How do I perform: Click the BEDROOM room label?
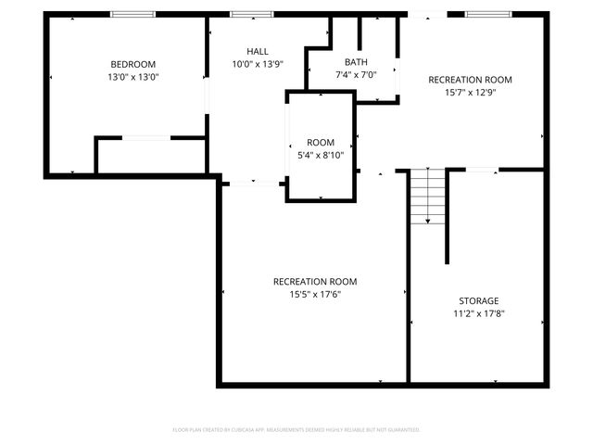point(127,64)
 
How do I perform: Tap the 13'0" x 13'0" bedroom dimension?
point(127,78)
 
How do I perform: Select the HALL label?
point(258,51)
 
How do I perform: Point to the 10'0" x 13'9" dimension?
point(258,65)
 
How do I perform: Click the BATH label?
point(356,62)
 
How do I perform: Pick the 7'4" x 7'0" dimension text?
point(356,75)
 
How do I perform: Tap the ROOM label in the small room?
point(321,142)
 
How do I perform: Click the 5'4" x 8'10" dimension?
point(321,156)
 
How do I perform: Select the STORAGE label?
point(479,300)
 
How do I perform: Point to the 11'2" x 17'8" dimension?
point(479,314)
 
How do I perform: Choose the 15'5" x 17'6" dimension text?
point(315,295)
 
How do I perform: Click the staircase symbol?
point(427,197)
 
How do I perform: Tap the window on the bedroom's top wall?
point(126,14)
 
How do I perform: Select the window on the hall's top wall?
point(251,14)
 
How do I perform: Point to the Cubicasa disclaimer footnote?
point(296,430)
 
